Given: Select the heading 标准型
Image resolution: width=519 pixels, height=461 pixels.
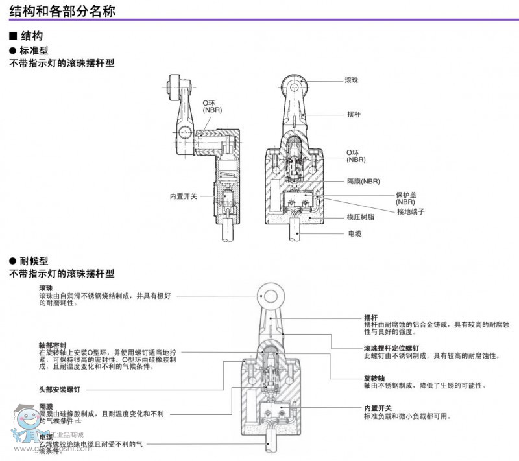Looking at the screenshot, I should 34,50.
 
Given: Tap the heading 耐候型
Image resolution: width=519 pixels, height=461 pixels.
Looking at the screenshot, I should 34,261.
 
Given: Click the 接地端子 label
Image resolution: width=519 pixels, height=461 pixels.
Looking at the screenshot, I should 411,211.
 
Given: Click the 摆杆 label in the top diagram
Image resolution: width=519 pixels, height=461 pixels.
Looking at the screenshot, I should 354,114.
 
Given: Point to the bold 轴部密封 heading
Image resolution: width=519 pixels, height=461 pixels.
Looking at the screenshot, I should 52,345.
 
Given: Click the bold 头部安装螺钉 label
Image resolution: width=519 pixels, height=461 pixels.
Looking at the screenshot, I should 60,390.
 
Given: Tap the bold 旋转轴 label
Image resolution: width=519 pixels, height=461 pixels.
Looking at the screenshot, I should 375,377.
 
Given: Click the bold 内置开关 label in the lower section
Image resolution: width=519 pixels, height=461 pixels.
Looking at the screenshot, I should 378,408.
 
